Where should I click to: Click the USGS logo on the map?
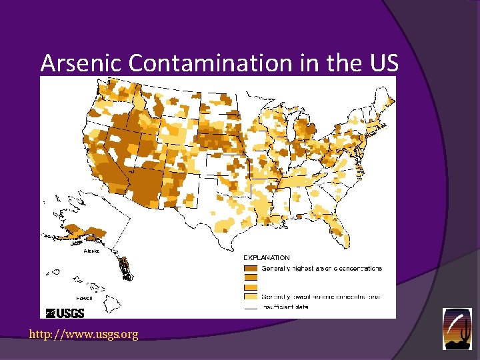[65, 313]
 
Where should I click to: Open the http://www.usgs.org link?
[83, 335]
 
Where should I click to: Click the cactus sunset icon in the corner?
[457, 328]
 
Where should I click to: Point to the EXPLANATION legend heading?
[266, 257]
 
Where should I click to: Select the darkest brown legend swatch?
[251, 268]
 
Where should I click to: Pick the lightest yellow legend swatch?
[251, 296]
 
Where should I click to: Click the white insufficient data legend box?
[251, 308]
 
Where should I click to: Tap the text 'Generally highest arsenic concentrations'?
[321, 269]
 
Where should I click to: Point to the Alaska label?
[91, 251]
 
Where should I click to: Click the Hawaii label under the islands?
[84, 298]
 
